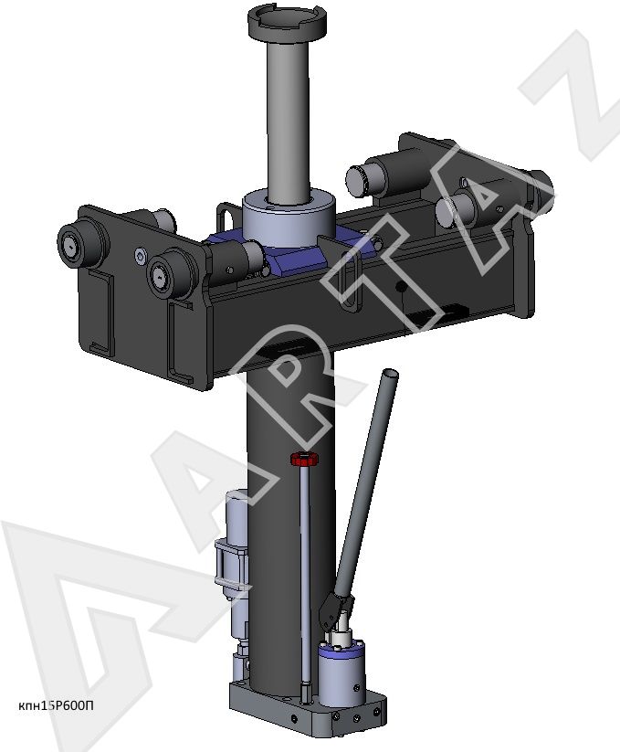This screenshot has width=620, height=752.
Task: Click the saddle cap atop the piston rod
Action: point(288,23)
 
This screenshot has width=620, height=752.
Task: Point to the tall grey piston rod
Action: point(289,120)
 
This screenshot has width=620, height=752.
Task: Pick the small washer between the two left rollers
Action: point(140,256)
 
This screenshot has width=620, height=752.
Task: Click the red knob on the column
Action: point(304,460)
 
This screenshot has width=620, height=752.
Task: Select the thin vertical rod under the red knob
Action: point(305,576)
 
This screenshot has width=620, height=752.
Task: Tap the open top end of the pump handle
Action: point(391,374)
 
